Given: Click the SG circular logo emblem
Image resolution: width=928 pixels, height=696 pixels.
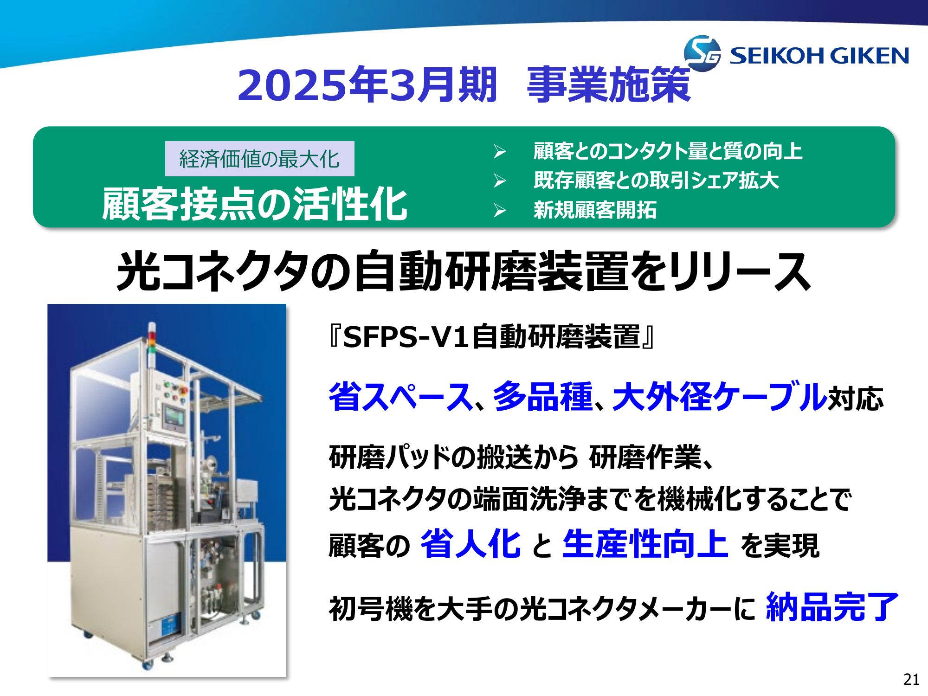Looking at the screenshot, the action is click(702, 53).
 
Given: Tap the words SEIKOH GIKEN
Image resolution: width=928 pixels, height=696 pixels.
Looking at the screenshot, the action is click(819, 56).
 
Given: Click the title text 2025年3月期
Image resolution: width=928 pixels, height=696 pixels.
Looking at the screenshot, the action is click(367, 84).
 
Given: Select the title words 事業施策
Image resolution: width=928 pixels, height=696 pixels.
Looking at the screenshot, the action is click(609, 84).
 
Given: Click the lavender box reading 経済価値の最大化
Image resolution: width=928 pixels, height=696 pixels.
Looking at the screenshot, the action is click(259, 159).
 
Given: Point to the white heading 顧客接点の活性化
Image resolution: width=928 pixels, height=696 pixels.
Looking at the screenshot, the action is click(255, 204).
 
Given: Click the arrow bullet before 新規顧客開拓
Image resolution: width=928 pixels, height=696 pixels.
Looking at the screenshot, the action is click(500, 210).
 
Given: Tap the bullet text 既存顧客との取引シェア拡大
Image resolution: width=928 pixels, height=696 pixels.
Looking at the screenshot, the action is click(656, 180).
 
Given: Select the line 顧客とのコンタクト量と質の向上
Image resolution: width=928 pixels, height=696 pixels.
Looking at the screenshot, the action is click(668, 151).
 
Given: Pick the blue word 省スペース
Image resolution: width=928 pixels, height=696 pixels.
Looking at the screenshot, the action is click(401, 397).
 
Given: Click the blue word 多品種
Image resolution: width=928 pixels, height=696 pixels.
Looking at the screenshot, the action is click(543, 397).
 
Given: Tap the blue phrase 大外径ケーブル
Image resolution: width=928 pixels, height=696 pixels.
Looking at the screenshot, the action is click(720, 397).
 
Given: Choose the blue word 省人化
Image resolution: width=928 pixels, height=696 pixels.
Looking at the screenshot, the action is click(470, 544).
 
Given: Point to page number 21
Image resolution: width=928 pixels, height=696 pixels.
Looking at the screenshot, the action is click(911, 679).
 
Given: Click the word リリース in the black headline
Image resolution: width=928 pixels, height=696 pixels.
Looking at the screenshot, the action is click(741, 271).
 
